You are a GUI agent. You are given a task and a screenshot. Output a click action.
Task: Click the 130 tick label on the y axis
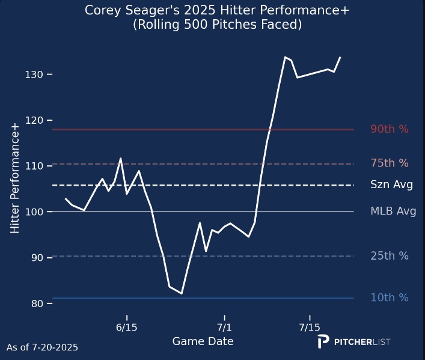pos(34,74)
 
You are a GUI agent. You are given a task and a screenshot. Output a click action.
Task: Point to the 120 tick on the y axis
pos(34,120)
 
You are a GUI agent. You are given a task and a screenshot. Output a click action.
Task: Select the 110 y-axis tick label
pos(34,166)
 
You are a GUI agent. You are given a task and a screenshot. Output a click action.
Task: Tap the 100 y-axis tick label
pos(34,212)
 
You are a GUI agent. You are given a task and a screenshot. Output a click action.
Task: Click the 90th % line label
pos(389,129)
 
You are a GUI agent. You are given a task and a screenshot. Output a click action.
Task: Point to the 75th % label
pos(389,163)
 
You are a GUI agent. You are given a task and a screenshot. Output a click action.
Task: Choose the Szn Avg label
pos(391,185)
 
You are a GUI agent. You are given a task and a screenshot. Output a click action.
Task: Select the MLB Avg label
pos(393,212)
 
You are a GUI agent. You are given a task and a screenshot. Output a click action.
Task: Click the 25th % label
pos(389,256)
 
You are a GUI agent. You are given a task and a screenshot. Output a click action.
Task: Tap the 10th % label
pos(389,297)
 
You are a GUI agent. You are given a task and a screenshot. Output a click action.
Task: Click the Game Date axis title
pos(203,341)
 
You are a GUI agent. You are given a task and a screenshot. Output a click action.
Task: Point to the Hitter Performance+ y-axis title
pos(16,176)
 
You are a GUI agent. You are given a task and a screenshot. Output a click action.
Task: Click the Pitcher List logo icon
pos(323,341)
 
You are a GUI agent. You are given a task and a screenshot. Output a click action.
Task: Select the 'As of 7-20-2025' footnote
pos(42,347)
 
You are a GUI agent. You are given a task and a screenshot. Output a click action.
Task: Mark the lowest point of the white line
pos(181,293)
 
